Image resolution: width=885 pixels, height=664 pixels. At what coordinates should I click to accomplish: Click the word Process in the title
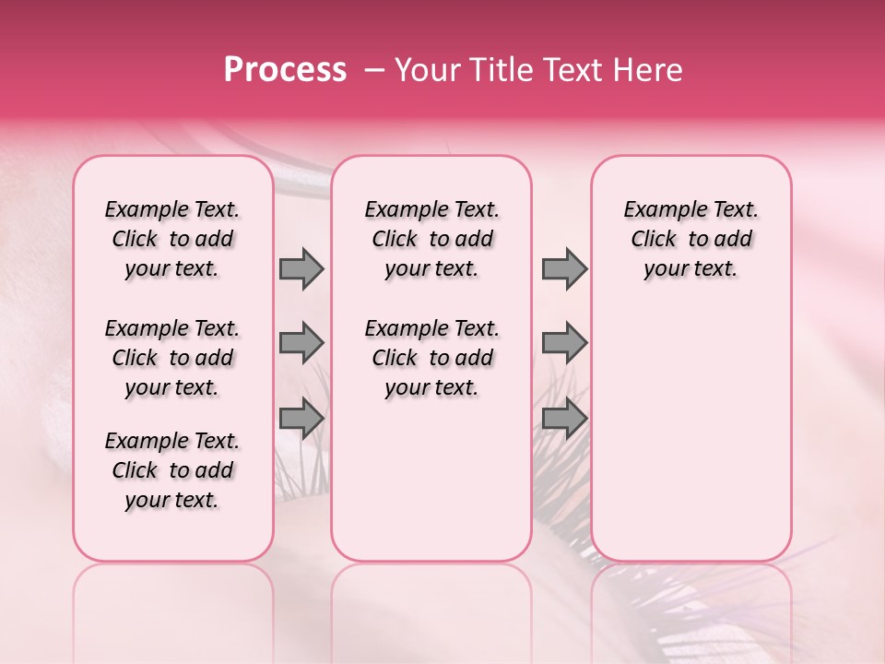[285, 70]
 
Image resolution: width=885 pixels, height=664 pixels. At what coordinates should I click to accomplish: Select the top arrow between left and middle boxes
[301, 268]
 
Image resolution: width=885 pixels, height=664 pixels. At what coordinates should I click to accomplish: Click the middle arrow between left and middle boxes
[301, 343]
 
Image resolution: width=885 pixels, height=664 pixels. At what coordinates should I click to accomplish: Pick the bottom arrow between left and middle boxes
[301, 418]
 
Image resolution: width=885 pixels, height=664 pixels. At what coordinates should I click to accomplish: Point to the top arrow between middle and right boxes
[564, 268]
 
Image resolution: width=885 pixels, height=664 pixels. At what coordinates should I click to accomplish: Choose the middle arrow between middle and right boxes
[564, 343]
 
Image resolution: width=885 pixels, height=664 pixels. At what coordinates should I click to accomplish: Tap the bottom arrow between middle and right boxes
[564, 418]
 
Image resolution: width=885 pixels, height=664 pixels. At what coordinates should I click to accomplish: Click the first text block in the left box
[172, 239]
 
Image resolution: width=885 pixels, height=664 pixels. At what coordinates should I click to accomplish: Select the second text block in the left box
[172, 358]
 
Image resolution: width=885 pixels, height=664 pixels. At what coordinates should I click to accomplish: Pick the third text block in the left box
[172, 470]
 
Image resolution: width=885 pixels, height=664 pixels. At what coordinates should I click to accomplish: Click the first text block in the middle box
[431, 239]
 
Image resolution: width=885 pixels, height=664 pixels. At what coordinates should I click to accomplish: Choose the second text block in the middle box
[431, 358]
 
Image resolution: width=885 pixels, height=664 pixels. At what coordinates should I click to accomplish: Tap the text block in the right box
[690, 239]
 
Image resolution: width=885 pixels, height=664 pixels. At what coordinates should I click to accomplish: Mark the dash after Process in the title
[374, 70]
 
